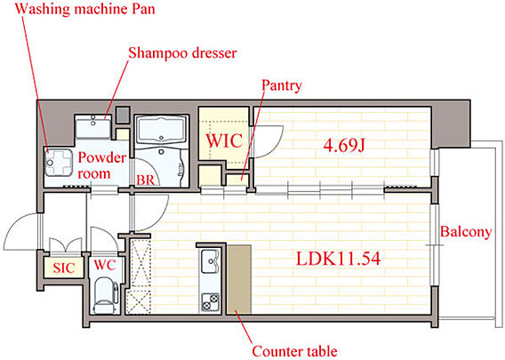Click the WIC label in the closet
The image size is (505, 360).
pos(224,140)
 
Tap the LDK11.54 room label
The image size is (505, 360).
pos(338,259)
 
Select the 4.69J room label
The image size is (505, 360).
pos(344,146)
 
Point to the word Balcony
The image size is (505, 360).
pos(466,231)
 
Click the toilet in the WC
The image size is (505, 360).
pos(105,295)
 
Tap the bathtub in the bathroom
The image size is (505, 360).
pos(161,130)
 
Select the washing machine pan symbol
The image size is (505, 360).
pos(59,163)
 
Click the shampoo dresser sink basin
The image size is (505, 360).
pos(93,127)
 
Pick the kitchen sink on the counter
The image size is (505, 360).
pos(210,261)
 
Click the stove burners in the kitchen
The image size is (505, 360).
pos(210,302)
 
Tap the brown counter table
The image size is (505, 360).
pos(239,279)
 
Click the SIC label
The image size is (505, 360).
pos(64,268)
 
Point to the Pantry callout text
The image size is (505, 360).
pos(282,85)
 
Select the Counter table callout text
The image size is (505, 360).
pos(294,351)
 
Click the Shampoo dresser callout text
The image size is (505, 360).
pos(182,53)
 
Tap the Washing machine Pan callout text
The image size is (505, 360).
pos(85,9)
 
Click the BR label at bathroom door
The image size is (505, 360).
pos(146,180)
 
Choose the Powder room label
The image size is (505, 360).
pos(101,165)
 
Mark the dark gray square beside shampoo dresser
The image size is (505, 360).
pos(123,115)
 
